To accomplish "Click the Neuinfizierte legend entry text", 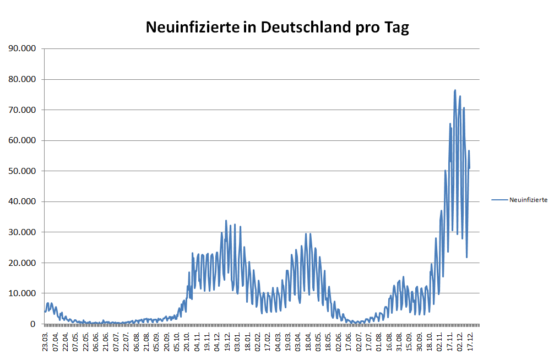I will [x=528, y=200].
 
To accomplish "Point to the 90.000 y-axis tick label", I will [x=22, y=48].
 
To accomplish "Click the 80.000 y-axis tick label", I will [x=22, y=79].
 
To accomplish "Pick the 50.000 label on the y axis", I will [x=22, y=171].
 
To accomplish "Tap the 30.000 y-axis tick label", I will [x=22, y=232].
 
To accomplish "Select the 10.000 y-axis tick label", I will [x=22, y=293].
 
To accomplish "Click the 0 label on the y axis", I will [x=33, y=324].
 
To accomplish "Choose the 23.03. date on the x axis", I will [x=46, y=339].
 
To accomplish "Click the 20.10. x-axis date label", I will [x=187, y=339].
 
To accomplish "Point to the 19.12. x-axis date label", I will [x=227, y=339].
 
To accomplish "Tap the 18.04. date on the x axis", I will [x=308, y=339].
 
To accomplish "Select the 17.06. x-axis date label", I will [x=349, y=339].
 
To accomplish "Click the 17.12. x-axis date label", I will [x=470, y=339].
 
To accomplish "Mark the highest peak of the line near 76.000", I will [x=455, y=90].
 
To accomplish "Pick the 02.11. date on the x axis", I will [x=440, y=339].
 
